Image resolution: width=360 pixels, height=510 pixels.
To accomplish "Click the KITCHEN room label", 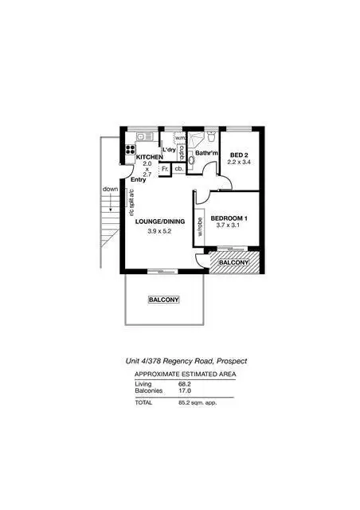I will point(149,158).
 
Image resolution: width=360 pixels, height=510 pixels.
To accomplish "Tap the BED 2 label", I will point(239,154).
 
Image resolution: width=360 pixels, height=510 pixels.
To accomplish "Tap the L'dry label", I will point(169,150).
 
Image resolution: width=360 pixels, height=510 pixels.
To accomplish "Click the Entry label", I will point(139,181).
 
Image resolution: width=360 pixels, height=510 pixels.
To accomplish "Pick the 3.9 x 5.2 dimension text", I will point(160,232).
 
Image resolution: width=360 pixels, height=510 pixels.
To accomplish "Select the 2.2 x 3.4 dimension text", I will point(239,163).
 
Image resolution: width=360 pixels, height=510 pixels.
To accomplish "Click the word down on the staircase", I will point(110,189).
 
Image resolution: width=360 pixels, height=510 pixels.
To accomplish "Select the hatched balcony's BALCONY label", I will point(234,262).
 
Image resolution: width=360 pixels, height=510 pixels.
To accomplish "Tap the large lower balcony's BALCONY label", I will point(164,300).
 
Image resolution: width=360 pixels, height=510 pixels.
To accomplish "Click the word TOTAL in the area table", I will point(143,402).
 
